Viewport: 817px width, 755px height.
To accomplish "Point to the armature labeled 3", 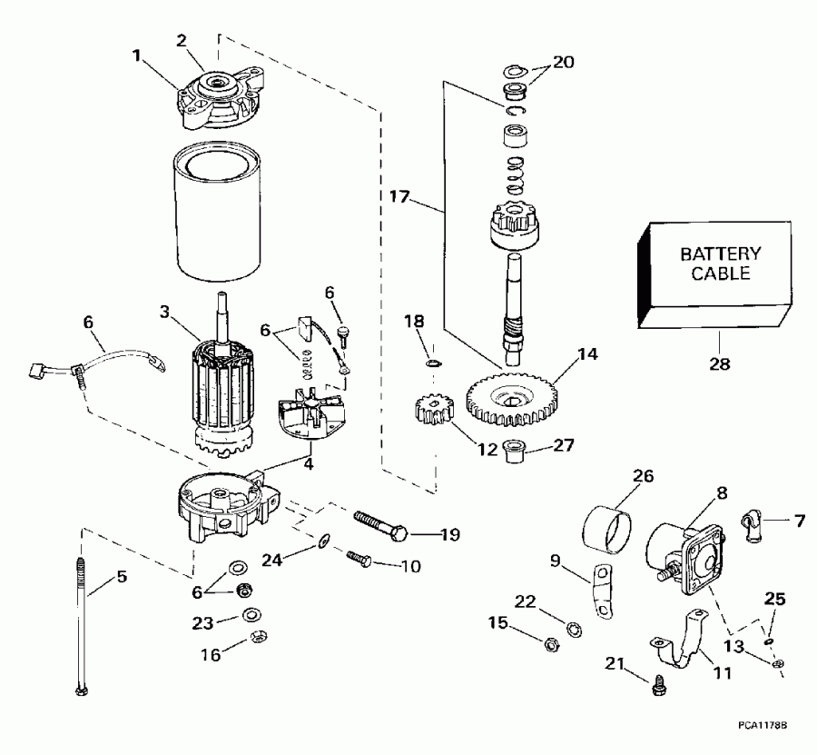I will coord(222,391).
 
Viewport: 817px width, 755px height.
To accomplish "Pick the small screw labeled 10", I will coord(358,557).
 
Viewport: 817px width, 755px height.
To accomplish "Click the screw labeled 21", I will coord(657,690).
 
